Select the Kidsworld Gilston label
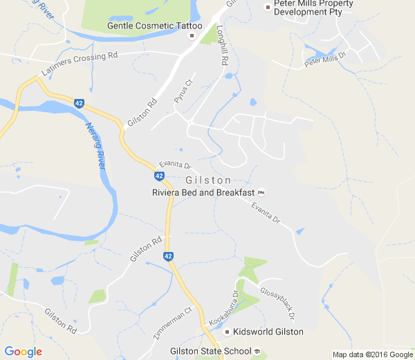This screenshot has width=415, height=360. tap(268, 332)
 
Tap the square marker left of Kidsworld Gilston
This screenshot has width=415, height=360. tap(226, 332)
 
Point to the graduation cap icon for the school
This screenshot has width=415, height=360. tap(257, 351)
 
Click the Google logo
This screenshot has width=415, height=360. tap(23, 352)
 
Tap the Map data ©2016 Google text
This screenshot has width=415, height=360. tap(371, 354)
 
